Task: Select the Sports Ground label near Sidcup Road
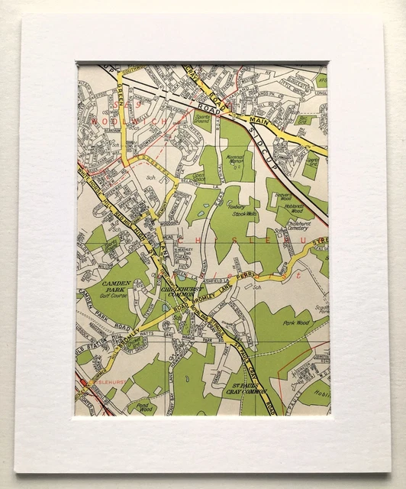coord(201,118)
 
